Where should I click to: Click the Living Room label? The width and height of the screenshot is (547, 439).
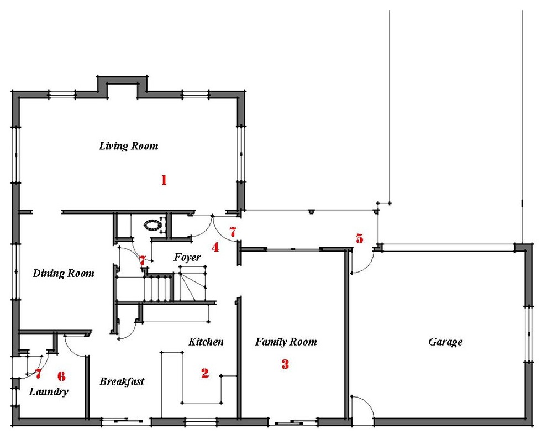click(128, 146)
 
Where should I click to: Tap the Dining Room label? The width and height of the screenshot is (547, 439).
click(64, 273)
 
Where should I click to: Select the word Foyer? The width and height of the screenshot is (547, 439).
click(187, 258)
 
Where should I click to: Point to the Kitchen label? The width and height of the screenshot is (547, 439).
click(206, 342)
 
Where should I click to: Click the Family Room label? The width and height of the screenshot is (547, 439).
click(286, 342)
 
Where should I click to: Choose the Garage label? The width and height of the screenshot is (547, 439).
click(445, 342)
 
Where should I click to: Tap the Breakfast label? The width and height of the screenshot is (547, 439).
click(122, 381)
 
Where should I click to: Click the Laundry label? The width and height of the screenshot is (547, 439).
click(49, 391)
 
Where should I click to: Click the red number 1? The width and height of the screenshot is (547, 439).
click(164, 180)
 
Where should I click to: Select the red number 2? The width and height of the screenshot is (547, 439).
click(205, 373)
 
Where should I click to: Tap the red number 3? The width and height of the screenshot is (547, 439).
click(285, 364)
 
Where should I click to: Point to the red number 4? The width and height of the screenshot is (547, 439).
click(215, 247)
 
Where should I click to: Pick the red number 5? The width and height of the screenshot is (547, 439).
click(360, 238)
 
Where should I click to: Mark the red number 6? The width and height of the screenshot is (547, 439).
click(61, 376)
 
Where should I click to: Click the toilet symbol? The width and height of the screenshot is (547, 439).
click(153, 224)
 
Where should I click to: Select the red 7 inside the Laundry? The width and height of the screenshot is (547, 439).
click(38, 374)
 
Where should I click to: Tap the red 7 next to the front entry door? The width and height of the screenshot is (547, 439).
click(233, 232)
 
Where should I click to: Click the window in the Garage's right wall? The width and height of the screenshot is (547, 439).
click(529, 335)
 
